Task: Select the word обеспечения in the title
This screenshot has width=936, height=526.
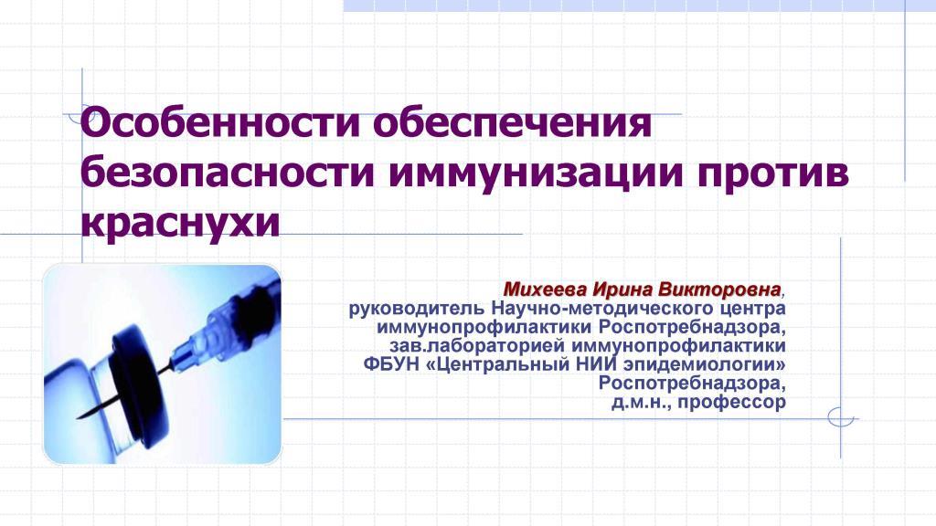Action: pos(513,123)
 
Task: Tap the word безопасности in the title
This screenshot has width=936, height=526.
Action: pos(228,173)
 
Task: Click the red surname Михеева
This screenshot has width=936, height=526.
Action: pos(545,289)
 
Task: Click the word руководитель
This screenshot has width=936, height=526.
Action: pos(417,309)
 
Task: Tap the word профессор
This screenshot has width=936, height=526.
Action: pos(732,402)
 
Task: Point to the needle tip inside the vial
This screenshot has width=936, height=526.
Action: pos(79,416)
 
